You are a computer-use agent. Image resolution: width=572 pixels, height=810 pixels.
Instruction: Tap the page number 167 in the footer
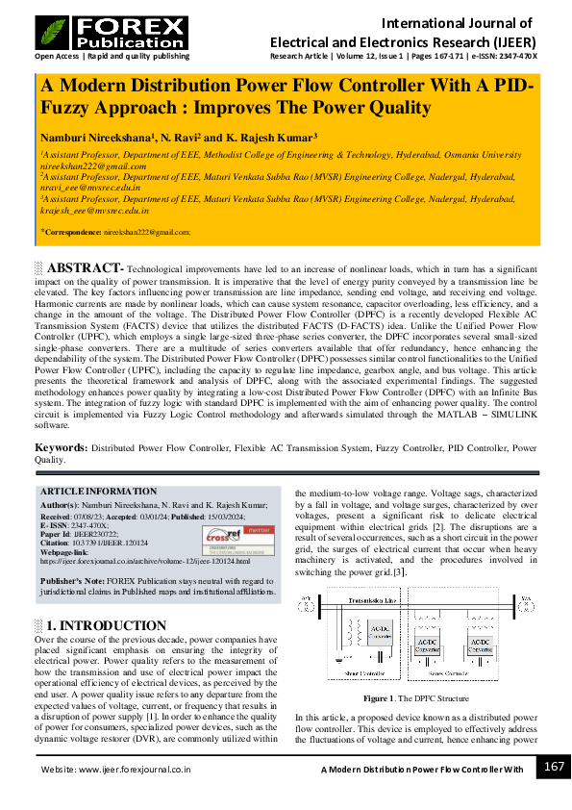tap(553, 766)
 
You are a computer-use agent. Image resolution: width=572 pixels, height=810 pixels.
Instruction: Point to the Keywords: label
tap(61, 448)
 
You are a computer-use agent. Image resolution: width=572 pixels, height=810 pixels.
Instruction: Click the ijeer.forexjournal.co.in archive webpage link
tap(144, 560)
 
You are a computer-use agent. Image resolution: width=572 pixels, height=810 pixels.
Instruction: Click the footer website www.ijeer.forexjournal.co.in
tap(136, 770)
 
